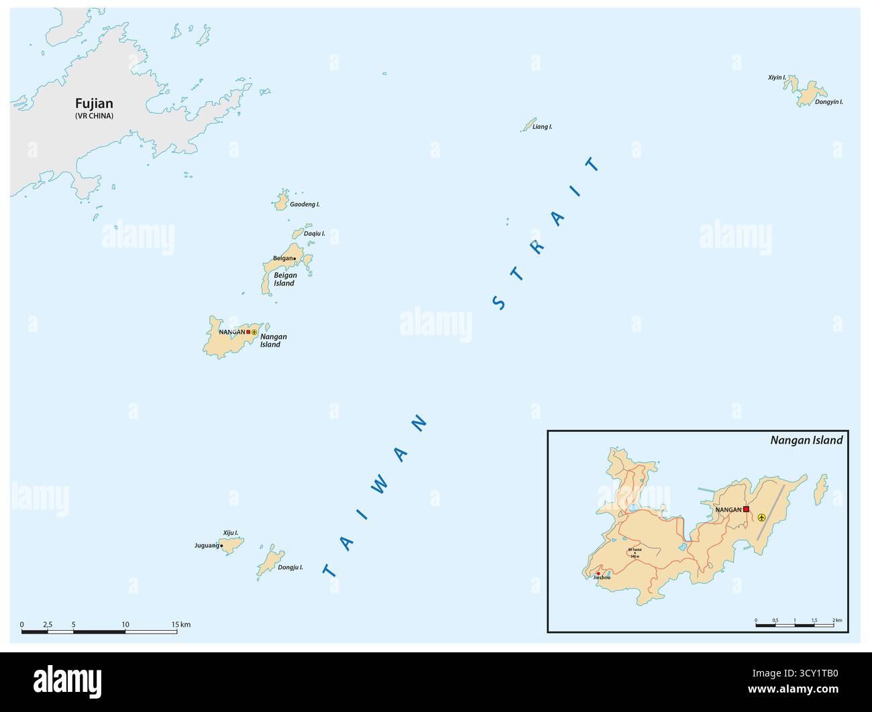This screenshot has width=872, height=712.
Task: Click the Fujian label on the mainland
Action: (x=94, y=104)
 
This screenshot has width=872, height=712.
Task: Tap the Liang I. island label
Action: (x=542, y=127)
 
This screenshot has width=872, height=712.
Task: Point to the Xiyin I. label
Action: (x=777, y=78)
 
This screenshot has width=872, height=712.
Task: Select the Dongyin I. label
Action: (x=828, y=102)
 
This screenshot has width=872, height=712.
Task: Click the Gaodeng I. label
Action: (x=305, y=204)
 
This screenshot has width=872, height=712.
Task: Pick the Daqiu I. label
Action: (x=314, y=233)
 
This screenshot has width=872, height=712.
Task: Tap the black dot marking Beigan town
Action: (x=295, y=259)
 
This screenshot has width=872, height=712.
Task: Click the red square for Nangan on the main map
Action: (x=248, y=332)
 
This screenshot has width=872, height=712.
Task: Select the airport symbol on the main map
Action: (x=254, y=332)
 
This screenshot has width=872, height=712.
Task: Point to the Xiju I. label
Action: (x=231, y=532)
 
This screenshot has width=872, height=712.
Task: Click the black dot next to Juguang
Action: (x=222, y=546)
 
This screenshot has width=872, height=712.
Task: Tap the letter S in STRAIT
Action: (x=498, y=303)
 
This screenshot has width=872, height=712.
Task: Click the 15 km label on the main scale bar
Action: (x=180, y=625)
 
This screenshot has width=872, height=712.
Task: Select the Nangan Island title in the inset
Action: (x=806, y=440)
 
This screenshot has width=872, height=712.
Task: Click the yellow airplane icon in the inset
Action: (x=761, y=517)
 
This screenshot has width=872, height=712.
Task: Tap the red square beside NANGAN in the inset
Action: (x=746, y=510)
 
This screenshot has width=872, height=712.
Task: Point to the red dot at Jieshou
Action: (x=598, y=573)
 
